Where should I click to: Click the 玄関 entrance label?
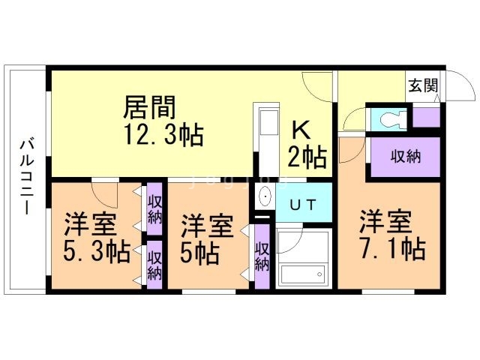coord(423,85)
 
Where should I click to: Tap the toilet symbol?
coord(389,119)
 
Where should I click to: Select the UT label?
coord(303,205)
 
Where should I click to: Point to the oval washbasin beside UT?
coord(265,196)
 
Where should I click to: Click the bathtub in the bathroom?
coord(303,274)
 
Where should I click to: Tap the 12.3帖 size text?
coord(163,135)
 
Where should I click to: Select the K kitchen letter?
coord(301,130)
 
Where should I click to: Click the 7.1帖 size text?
coord(393,248)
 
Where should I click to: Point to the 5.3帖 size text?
coord(97,251)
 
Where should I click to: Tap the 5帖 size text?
coord(200,253)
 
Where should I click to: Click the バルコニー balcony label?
coord(27,177)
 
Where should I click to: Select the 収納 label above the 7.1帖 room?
coord(406,157)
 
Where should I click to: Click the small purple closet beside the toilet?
coord(427,117)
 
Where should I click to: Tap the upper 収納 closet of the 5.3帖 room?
coord(154,208)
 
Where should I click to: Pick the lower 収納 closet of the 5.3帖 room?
coord(154,265)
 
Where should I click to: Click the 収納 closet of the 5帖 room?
coord(262,256)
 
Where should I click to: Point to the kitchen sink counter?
coord(268,139)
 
